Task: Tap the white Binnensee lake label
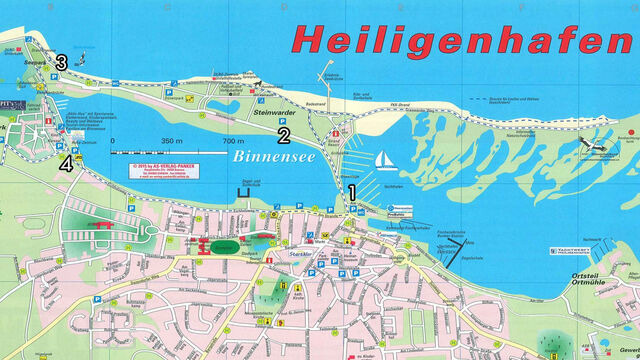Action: click(267, 158)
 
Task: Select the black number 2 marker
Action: click(284, 135)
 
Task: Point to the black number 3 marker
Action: click(62, 63)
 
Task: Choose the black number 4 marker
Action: click(66, 164)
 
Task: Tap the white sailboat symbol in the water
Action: click(385, 160)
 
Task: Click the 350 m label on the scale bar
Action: click(171, 141)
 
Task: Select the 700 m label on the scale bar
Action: click(233, 141)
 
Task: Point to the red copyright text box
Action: click(160, 167)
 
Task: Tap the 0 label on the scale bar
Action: click(113, 141)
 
